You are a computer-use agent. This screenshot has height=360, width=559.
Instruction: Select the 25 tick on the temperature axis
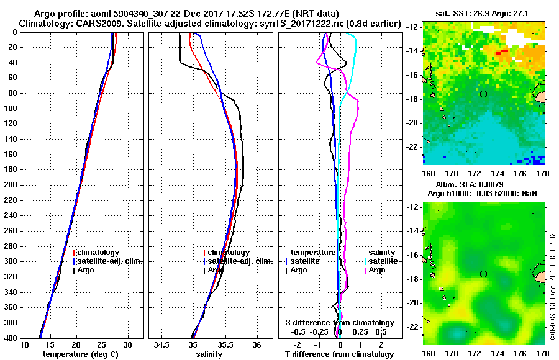[x=102, y=344]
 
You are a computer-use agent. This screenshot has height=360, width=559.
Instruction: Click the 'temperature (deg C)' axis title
[x=80, y=354]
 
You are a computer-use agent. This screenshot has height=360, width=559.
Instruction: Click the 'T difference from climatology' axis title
[x=339, y=354]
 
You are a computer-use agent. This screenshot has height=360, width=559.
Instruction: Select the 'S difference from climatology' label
[x=339, y=323]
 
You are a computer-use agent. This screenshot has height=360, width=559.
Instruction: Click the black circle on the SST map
[x=483, y=94]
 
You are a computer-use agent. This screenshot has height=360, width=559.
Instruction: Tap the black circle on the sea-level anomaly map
[x=483, y=274]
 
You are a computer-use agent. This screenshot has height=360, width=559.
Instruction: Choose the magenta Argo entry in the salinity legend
[x=377, y=270]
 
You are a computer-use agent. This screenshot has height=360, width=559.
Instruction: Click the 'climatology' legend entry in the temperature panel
[x=99, y=253]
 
